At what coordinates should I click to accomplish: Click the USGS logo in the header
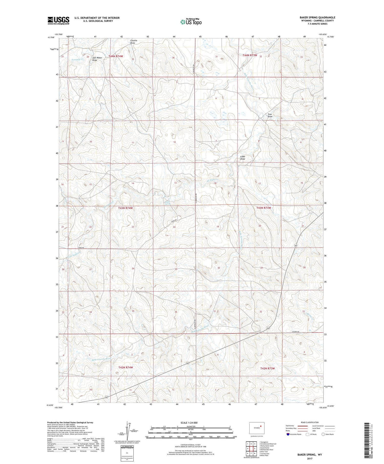tap(58, 20)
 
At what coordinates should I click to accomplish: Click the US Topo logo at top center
tap(191, 22)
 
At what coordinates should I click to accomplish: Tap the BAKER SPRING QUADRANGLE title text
tap(317, 17)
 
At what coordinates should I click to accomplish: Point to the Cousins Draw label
tap(134, 42)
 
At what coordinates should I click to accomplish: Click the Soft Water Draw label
tap(97, 59)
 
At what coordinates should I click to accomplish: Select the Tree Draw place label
tap(270, 115)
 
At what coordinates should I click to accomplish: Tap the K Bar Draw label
tap(242, 158)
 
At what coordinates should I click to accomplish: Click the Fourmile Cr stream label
tap(78, 59)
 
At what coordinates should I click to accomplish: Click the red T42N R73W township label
tap(267, 368)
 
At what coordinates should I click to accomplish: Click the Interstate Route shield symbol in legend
tap(288, 434)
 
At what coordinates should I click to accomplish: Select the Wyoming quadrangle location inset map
tap(257, 428)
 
